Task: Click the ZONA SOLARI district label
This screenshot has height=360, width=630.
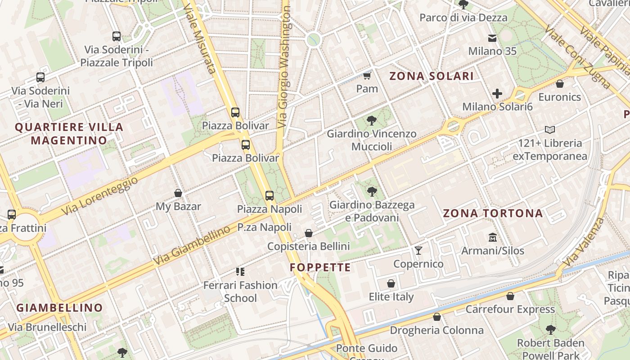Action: [431, 76]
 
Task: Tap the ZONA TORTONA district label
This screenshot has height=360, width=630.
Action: [493, 213]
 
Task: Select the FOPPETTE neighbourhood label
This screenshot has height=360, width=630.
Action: [320, 268]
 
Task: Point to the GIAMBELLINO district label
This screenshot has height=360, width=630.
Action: [60, 308]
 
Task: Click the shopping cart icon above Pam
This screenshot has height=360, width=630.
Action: [367, 76]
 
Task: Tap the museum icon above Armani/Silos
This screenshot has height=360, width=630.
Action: [493, 237]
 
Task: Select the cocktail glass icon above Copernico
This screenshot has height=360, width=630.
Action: [418, 250]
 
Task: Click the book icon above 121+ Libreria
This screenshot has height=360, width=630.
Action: [549, 130]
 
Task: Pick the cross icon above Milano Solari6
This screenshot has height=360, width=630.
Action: [497, 94]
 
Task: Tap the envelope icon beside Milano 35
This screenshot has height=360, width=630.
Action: [493, 38]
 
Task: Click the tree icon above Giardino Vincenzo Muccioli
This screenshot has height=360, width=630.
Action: [371, 120]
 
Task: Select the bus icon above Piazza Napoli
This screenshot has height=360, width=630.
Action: [270, 195]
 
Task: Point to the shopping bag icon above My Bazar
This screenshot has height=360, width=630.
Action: [178, 193]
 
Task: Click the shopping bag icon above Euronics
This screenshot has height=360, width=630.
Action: [560, 84]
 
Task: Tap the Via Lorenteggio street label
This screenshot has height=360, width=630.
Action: [100, 195]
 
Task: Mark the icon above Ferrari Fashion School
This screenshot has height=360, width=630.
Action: [240, 271]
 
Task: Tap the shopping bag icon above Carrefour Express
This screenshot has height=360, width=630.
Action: [510, 296]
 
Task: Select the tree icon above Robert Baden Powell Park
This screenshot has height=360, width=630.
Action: [550, 330]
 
